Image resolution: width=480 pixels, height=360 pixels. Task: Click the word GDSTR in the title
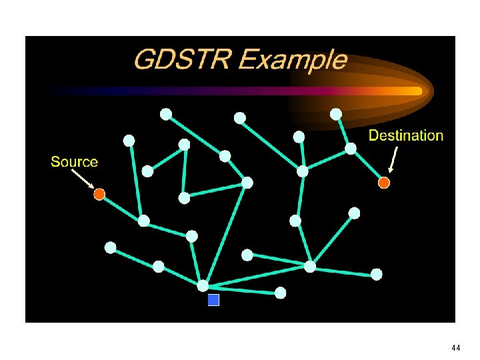(x=182, y=60)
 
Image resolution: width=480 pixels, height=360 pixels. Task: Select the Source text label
(x=74, y=162)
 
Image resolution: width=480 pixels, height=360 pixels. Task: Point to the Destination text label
(x=405, y=136)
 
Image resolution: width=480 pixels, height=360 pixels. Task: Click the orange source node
(x=99, y=194)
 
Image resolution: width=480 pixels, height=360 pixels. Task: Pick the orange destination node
(x=383, y=182)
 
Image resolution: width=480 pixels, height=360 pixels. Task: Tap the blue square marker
(x=213, y=300)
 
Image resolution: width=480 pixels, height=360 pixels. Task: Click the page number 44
(x=456, y=348)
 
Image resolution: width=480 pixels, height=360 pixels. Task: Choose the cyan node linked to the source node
(x=143, y=221)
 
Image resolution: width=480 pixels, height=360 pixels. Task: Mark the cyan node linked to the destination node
(x=351, y=149)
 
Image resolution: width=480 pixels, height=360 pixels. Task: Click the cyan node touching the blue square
(x=203, y=285)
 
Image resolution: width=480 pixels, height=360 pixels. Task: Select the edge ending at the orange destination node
(x=367, y=165)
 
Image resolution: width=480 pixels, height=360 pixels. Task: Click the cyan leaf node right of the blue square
(x=281, y=293)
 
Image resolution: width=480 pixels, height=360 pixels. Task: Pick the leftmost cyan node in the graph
(x=111, y=247)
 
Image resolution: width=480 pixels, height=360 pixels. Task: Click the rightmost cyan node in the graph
(x=377, y=274)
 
